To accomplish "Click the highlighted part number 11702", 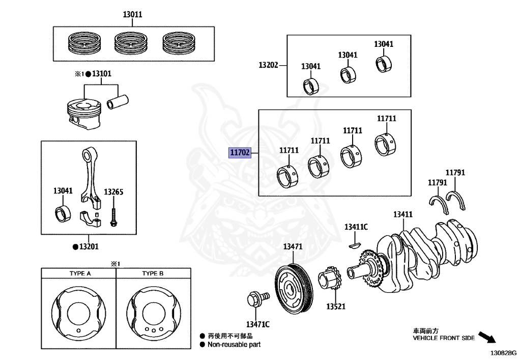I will pos(240,153).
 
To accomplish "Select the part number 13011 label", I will pos(132,15).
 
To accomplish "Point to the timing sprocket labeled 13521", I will pos(329,280).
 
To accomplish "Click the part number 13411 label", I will pos(402,214).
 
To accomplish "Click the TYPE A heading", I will pos(80,273).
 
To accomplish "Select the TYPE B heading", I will pos(153,273).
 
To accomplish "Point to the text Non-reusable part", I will pos(234,345).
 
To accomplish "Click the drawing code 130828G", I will pos(503,352).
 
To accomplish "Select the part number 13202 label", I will pos(268,65).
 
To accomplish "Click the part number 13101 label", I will pos(101,74).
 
